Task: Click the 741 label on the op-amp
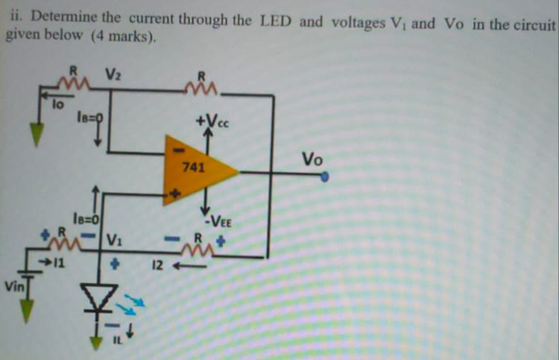[193, 168]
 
